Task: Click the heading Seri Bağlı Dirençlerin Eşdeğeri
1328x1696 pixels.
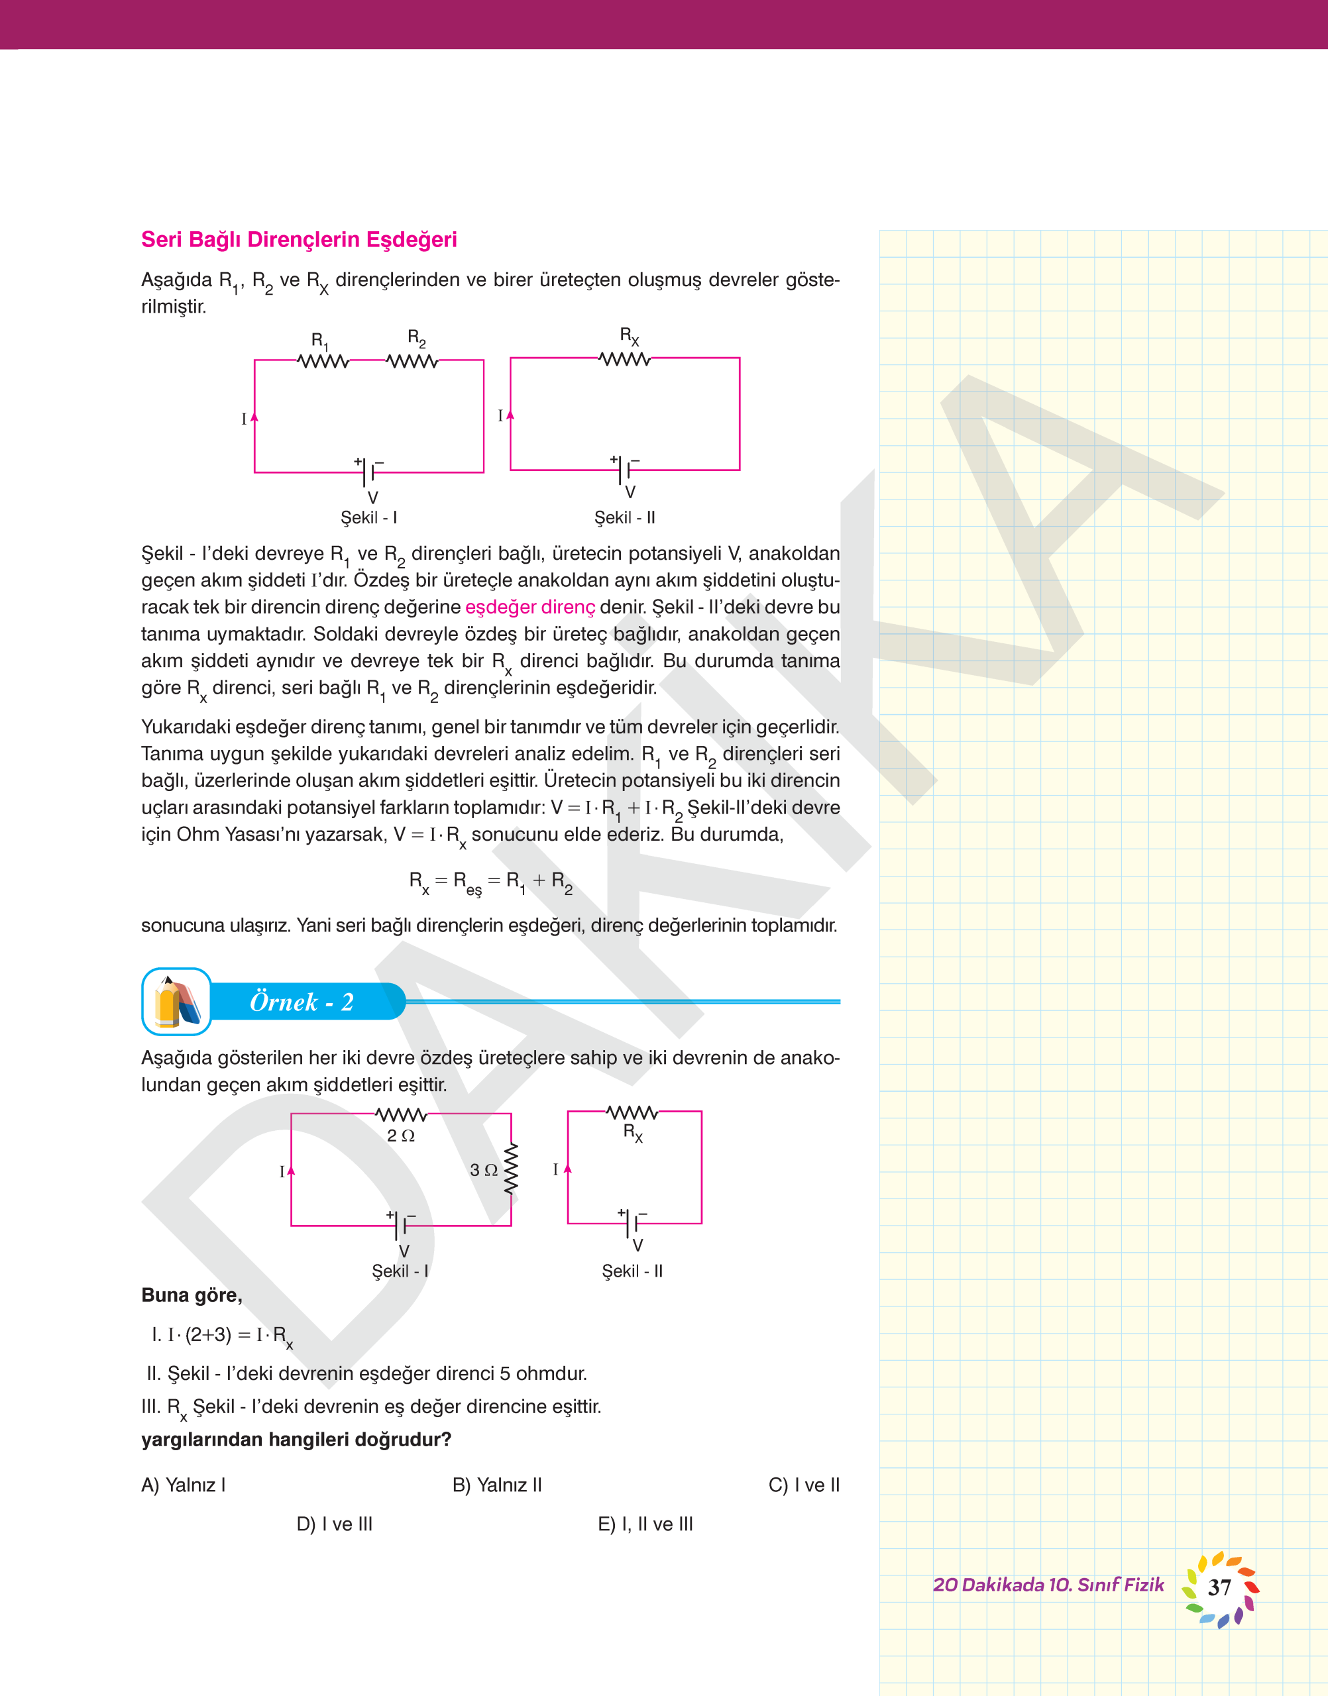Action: click(299, 239)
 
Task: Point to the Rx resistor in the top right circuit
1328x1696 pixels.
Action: click(624, 358)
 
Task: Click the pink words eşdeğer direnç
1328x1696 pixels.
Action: click(529, 607)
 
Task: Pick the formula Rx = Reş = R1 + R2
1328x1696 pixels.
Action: click(490, 881)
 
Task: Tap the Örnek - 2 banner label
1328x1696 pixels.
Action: click(302, 1002)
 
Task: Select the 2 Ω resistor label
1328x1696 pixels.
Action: click(400, 1136)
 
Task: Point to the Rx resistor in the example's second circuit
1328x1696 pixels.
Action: click(632, 1112)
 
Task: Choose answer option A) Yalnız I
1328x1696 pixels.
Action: click(184, 1485)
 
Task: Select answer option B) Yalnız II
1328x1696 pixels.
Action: click(497, 1485)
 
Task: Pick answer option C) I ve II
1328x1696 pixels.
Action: click(804, 1485)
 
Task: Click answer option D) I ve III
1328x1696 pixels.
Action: click(335, 1524)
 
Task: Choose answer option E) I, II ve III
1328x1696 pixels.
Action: click(645, 1524)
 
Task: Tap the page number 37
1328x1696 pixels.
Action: click(1219, 1587)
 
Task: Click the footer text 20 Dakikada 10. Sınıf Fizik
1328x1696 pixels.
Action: click(1048, 1585)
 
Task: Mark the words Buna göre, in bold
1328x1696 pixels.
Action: click(192, 1295)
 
